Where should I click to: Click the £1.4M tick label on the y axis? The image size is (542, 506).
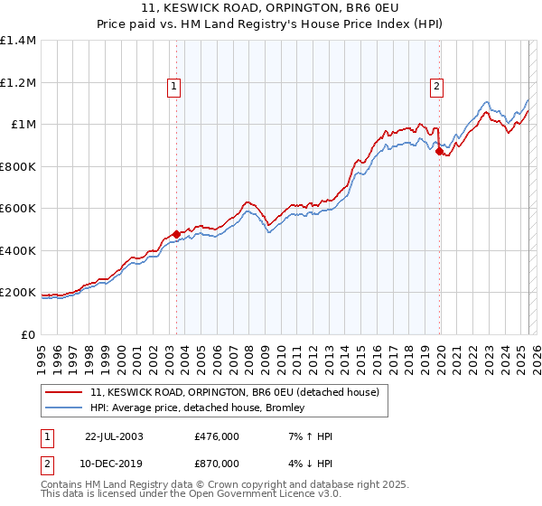[18, 41]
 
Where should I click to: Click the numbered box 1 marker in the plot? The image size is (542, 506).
[173, 87]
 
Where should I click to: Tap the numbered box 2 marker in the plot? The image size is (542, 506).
[436, 87]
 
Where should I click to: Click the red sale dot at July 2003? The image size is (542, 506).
[177, 235]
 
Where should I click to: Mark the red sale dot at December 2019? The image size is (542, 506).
[440, 153]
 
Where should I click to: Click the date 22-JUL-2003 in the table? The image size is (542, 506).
[114, 436]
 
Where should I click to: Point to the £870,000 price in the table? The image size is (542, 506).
[216, 463]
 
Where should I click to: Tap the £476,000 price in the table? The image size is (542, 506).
[216, 436]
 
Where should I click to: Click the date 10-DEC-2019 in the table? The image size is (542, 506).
[114, 463]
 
